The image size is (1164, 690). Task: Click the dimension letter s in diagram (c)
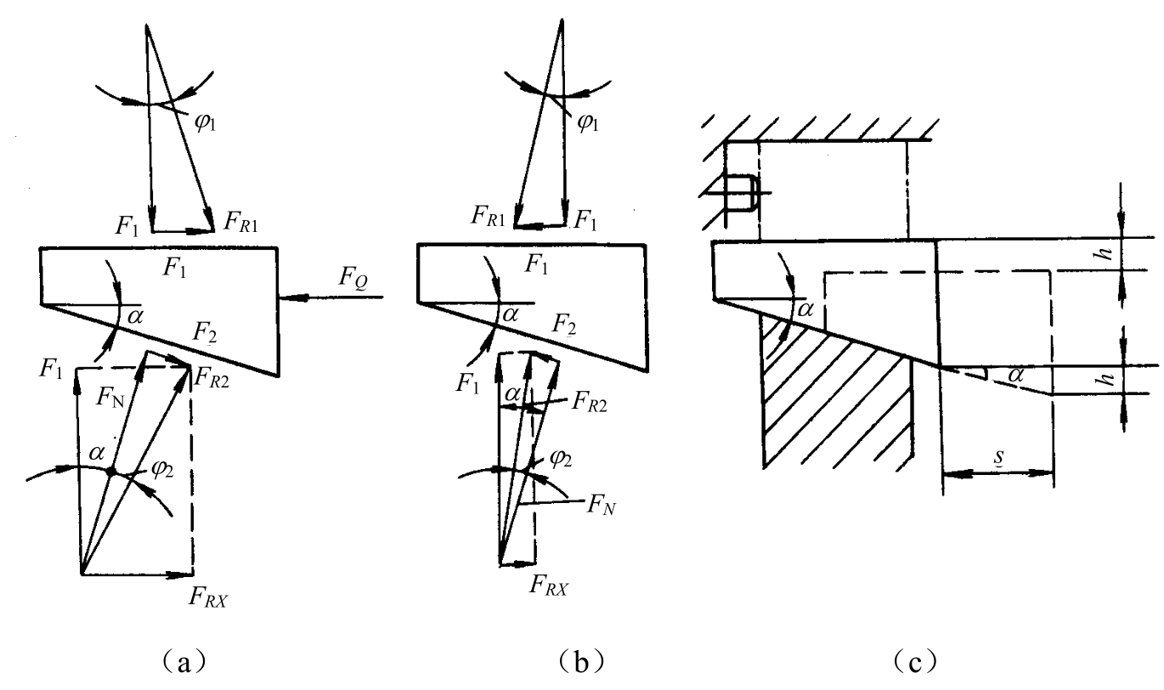click(x=999, y=457)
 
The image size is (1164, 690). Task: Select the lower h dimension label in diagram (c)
click(x=1107, y=379)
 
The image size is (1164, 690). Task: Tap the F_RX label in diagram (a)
click(x=208, y=597)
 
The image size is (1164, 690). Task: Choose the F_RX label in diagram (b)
click(x=549, y=585)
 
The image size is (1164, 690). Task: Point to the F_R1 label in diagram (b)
click(x=488, y=216)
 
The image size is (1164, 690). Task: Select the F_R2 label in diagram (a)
click(x=211, y=378)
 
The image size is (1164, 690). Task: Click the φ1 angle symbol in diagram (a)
click(x=205, y=122)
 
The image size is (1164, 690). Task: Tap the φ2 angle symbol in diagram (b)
click(x=561, y=458)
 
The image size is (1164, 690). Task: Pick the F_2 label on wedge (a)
click(x=205, y=332)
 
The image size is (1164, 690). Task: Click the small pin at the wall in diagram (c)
click(x=741, y=193)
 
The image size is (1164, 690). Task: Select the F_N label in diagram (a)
click(x=110, y=398)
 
